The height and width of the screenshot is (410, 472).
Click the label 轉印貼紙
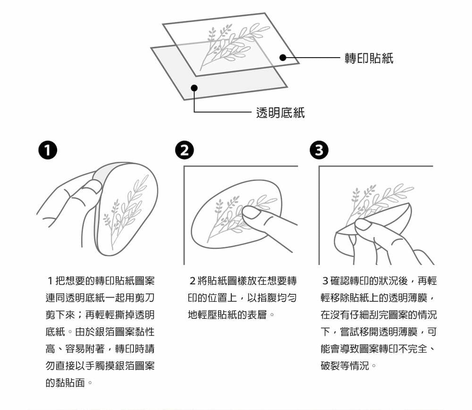coord(369,58)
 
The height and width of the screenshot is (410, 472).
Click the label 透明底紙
coord(280,113)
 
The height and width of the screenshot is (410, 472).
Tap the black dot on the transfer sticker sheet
coord(283,57)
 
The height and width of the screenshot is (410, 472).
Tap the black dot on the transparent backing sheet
coord(194,88)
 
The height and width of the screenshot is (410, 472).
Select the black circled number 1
coord(48,150)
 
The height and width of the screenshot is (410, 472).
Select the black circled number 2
coord(185,150)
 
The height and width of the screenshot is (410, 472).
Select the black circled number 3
coord(319,150)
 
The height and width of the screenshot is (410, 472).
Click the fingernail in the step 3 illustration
coord(363,225)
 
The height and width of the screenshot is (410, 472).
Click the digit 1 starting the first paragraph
coord(51,281)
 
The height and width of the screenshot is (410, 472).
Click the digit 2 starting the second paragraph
coord(193,281)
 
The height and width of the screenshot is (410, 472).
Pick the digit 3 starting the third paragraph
coord(325,281)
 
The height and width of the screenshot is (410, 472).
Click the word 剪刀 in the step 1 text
coord(145,298)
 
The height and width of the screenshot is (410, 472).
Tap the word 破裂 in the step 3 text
coord(330,366)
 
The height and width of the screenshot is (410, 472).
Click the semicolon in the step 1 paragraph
coord(80,315)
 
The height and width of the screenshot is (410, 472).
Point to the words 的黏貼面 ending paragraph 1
coord(65,383)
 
